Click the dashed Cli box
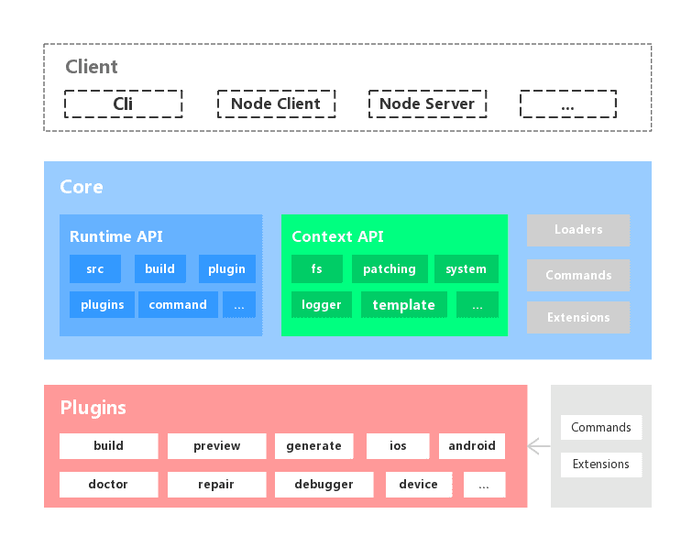point(123,104)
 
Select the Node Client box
point(276,104)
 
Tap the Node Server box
point(427,104)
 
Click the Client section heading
point(92,67)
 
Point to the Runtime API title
point(116,236)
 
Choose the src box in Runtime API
point(95,269)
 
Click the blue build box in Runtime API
point(159,269)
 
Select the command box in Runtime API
point(178,305)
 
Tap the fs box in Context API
point(316,269)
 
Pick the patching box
point(390,269)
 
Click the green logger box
point(322,305)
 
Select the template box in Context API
point(404,305)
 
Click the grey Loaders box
point(578,230)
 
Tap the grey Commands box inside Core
point(578,275)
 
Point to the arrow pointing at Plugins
point(539,447)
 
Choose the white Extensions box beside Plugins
point(601,465)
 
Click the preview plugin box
point(217,446)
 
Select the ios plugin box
point(398,446)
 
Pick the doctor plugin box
point(108,485)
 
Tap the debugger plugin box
point(324,485)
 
